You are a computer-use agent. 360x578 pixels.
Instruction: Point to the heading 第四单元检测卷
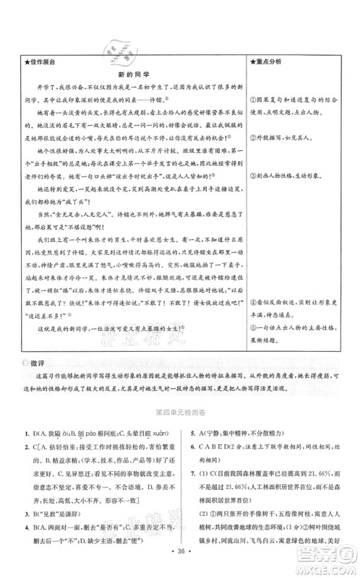pyautogui.click(x=179, y=415)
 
